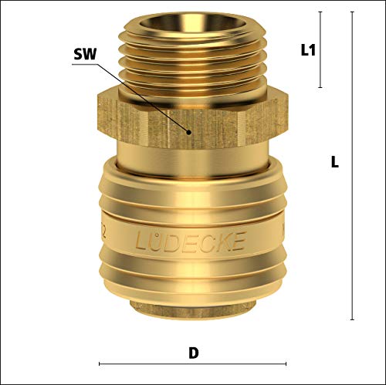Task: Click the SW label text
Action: point(85,54)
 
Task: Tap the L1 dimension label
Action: point(308,50)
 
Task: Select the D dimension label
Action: point(194,353)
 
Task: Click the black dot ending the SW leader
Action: point(189,133)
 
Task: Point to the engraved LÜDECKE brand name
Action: point(190,241)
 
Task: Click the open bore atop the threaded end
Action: point(189,21)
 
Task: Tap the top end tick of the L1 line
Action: point(320,12)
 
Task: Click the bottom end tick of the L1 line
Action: point(320,87)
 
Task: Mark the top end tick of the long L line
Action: point(352,12)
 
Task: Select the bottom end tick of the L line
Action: point(352,319)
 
